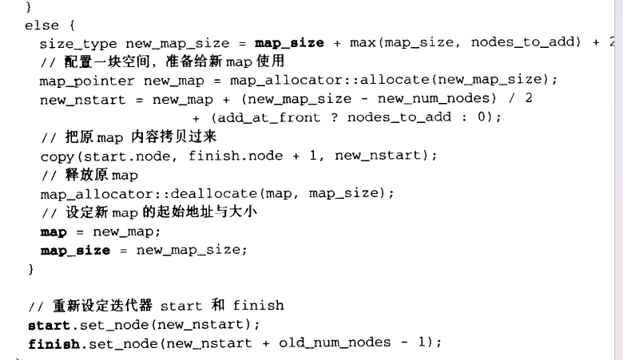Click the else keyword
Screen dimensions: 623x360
(x=42, y=25)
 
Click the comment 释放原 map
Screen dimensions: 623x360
(x=89, y=175)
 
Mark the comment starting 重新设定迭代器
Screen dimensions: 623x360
(x=156, y=305)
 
